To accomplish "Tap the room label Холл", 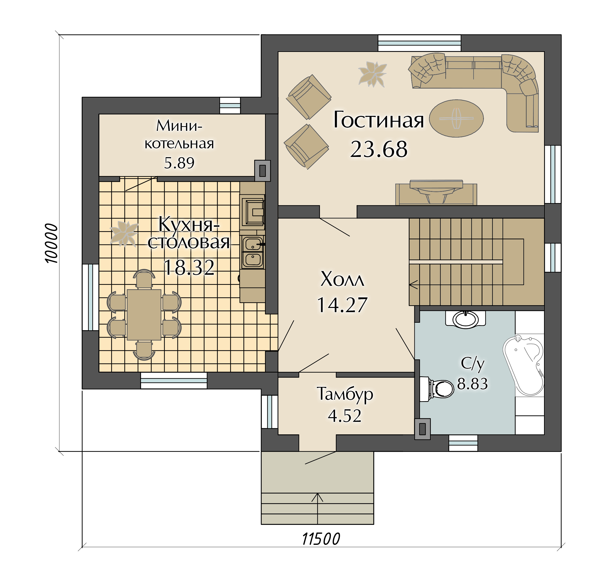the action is [342, 279].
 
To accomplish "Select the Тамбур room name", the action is [345, 394].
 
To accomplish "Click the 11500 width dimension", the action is [321, 539].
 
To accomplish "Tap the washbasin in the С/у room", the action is [465, 319].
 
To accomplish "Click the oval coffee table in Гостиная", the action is [456, 118].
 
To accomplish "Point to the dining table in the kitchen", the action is [144, 315].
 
